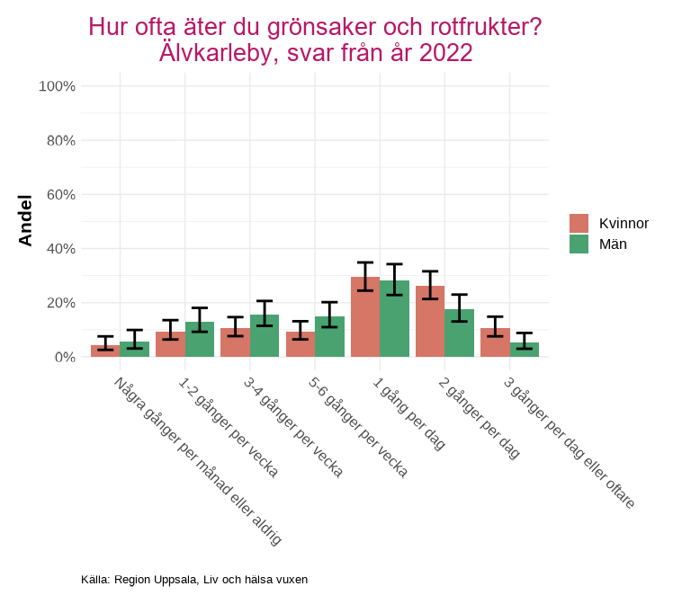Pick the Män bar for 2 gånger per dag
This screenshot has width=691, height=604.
tap(460, 333)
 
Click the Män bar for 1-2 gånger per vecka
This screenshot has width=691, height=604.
tap(200, 340)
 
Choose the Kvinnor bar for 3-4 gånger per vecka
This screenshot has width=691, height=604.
tap(235, 343)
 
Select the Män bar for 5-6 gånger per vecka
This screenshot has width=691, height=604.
tap(329, 337)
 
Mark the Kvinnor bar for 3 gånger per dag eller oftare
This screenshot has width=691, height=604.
tap(495, 343)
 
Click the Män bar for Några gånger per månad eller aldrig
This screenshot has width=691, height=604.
tap(134, 350)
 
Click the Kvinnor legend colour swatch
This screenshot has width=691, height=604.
tap(579, 223)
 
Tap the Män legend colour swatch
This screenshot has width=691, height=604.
tap(579, 244)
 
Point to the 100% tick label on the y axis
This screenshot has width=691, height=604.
tap(57, 86)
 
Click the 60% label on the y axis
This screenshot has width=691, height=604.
tap(59, 194)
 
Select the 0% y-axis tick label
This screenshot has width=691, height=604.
tap(64, 357)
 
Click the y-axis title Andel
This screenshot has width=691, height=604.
tap(26, 220)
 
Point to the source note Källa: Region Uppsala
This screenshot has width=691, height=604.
tap(194, 580)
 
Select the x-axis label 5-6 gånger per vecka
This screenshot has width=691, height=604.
tap(357, 426)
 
